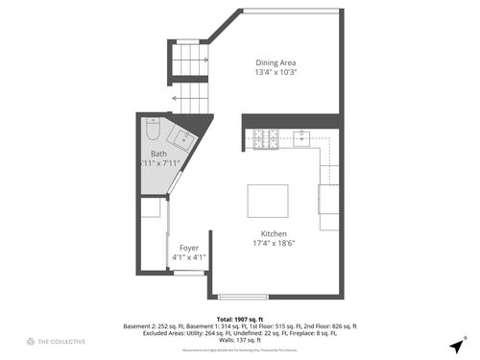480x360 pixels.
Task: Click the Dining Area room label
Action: pyautogui.click(x=276, y=62)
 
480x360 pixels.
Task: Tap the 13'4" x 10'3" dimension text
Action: pyautogui.click(x=276, y=73)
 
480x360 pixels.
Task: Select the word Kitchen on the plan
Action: pyautogui.click(x=274, y=234)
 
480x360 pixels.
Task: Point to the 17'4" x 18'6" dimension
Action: pyautogui.click(x=274, y=244)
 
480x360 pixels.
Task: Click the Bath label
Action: pyautogui.click(x=158, y=154)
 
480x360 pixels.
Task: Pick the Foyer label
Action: pyautogui.click(x=188, y=248)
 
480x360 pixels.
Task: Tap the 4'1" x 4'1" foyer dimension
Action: pyautogui.click(x=188, y=257)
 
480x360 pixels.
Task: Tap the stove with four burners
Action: pyautogui.click(x=266, y=140)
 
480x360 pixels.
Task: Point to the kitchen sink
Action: pyautogui.click(x=302, y=138)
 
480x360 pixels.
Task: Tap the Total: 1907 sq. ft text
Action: pyautogui.click(x=240, y=318)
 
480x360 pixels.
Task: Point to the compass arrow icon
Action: pyautogui.click(x=455, y=345)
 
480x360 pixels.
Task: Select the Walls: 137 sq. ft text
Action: pyautogui.click(x=240, y=340)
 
